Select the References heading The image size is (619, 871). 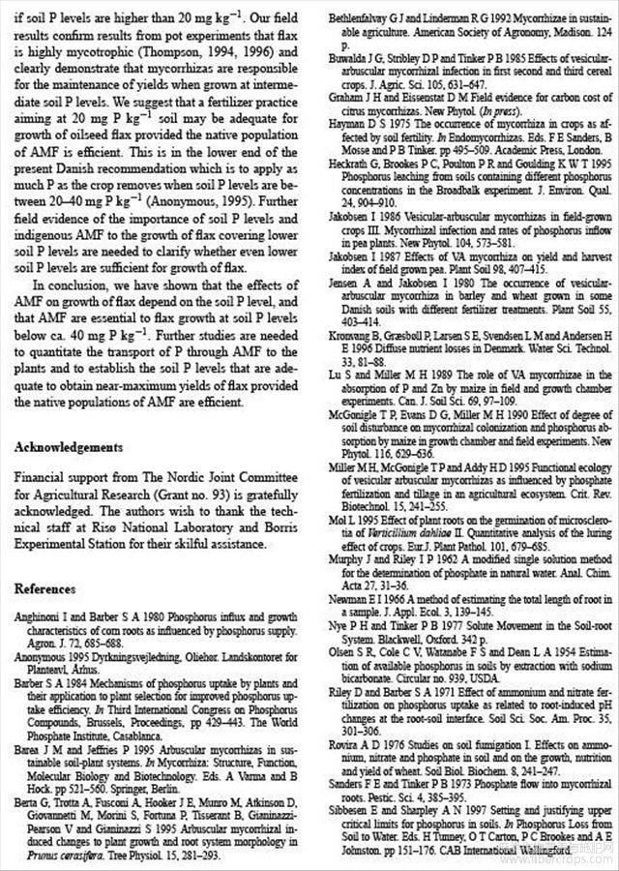pyautogui.click(x=45, y=589)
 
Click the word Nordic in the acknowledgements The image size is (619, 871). pyautogui.click(x=166, y=477)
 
